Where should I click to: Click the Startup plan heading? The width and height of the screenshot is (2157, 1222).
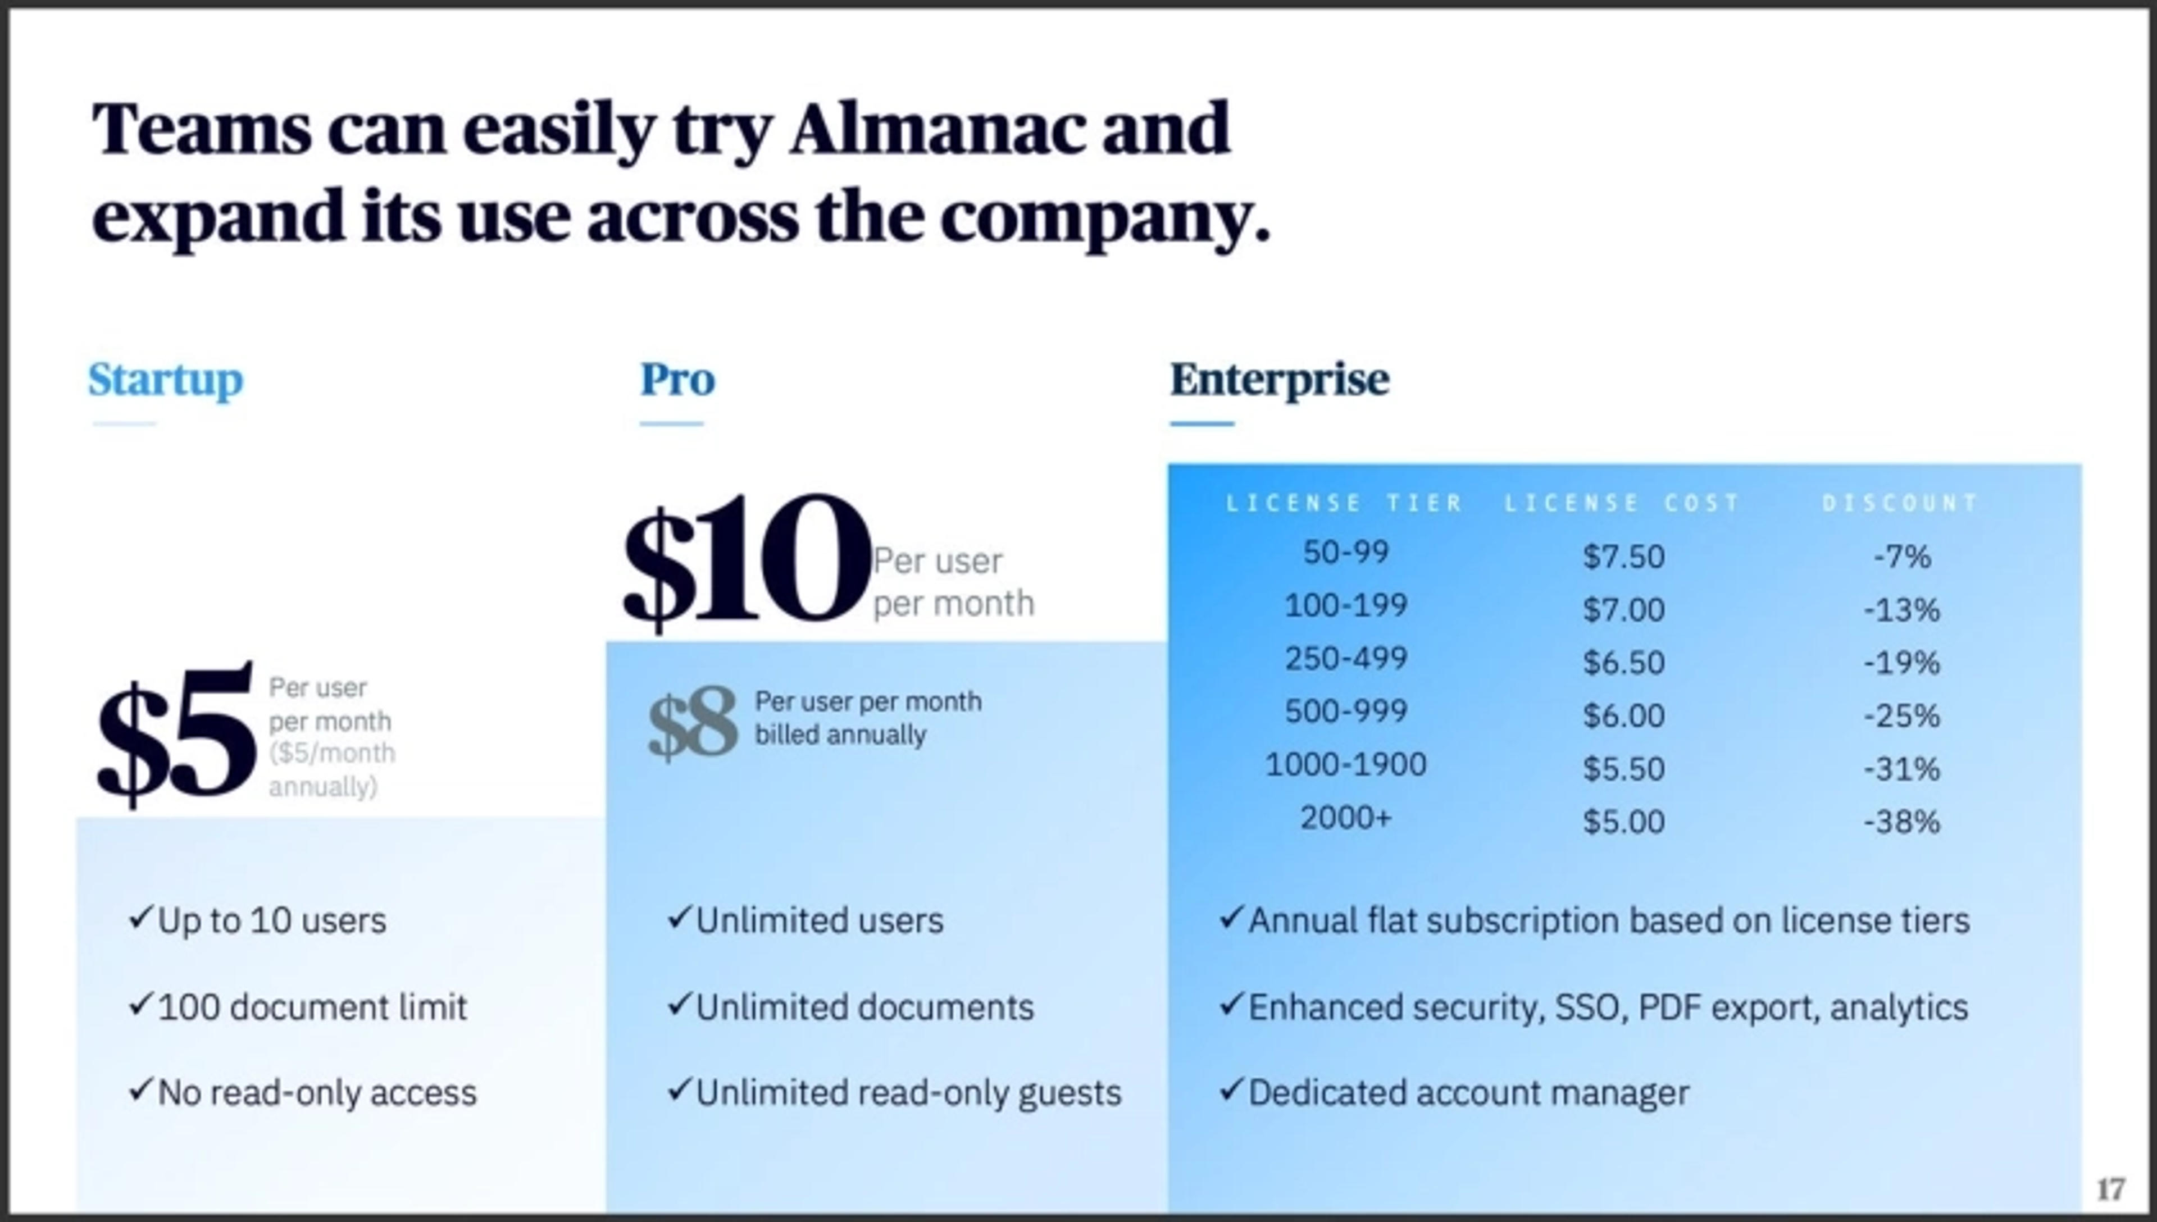pos(165,380)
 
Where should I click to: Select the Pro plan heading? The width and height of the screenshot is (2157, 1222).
pos(677,380)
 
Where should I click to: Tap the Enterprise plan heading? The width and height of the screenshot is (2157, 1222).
pos(1279,380)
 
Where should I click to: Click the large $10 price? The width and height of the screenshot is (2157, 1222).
pos(745,560)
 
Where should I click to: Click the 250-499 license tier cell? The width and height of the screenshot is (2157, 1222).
pos(1345,659)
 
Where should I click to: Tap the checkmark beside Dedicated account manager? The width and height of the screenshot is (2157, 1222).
pos(1230,1089)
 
